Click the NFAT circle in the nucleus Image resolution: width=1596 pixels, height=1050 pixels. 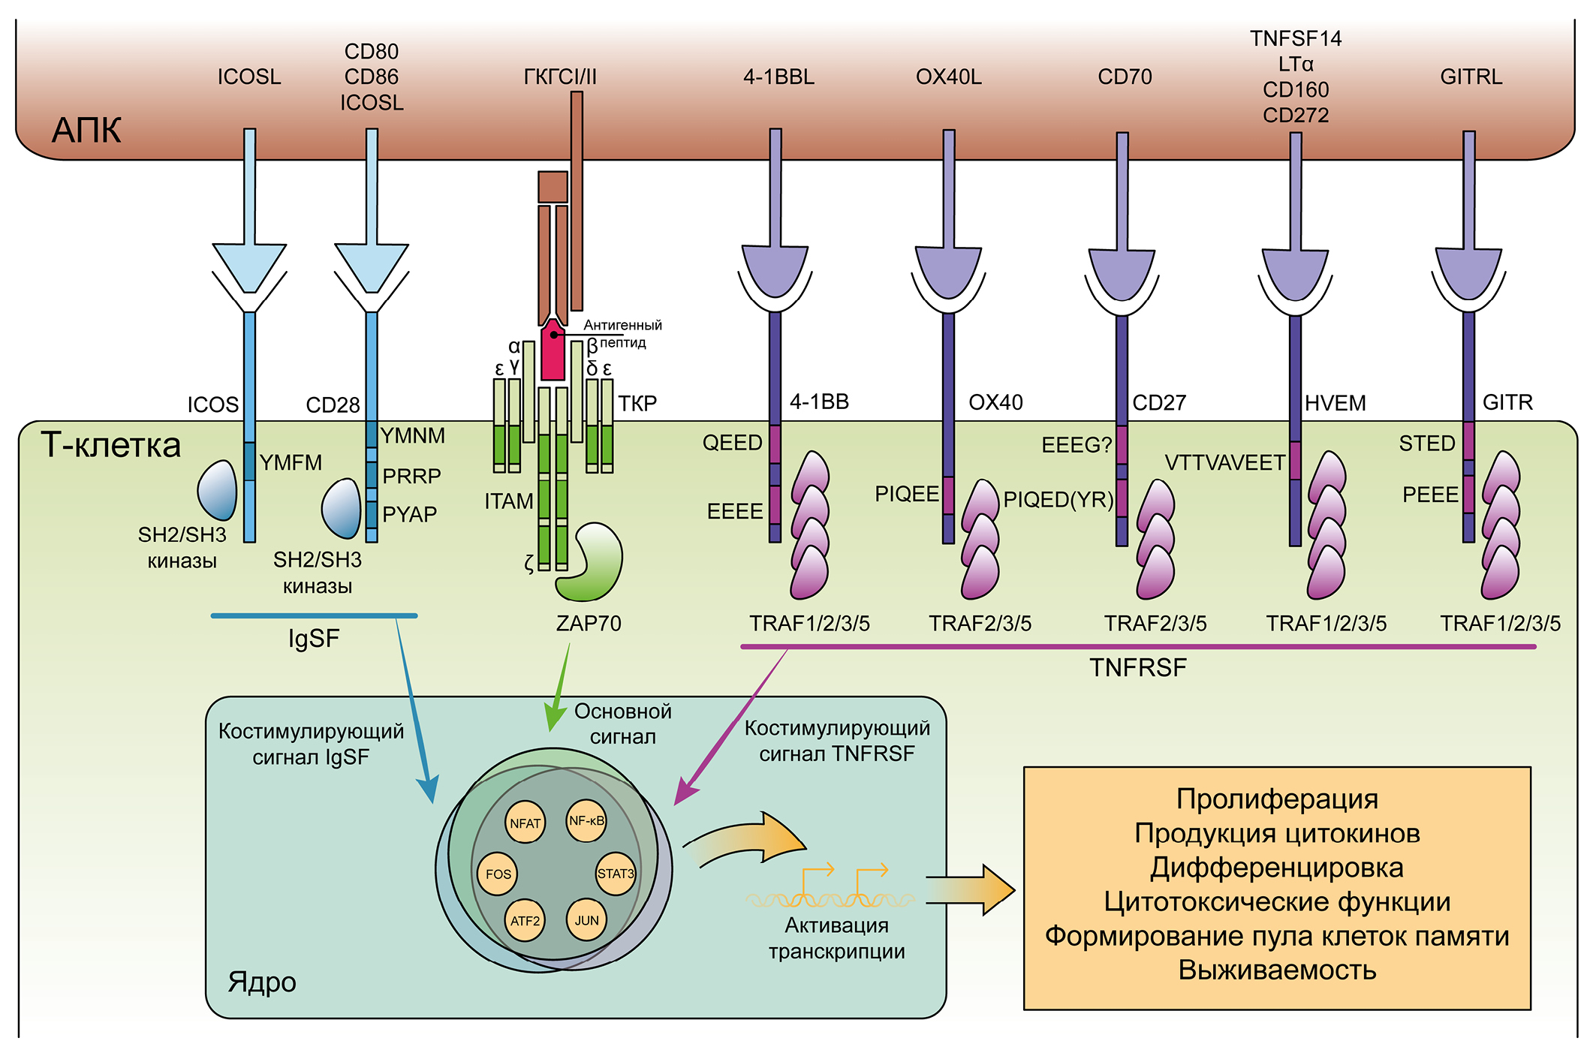pyautogui.click(x=525, y=823)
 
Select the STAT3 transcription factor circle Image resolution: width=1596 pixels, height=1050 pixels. pyautogui.click(x=616, y=874)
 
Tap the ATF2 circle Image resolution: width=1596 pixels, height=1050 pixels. pyautogui.click(x=525, y=921)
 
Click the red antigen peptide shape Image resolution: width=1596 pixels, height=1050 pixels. pyautogui.click(x=553, y=351)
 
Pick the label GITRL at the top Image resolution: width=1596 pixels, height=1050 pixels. pyautogui.click(x=1471, y=77)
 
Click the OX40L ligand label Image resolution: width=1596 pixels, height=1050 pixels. pyautogui.click(x=948, y=77)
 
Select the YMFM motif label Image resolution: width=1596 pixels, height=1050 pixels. pyautogui.click(x=291, y=463)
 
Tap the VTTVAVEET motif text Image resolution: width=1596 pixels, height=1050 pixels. pyautogui.click(x=1224, y=463)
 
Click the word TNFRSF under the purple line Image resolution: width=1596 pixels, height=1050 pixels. pyautogui.click(x=1138, y=668)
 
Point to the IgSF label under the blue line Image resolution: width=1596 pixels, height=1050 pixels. pyautogui.click(x=314, y=639)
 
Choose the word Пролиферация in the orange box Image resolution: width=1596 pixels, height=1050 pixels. pyautogui.click(x=1277, y=799)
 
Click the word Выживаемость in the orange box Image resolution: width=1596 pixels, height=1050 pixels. pyautogui.click(x=1277, y=970)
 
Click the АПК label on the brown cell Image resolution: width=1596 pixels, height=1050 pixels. pyautogui.click(x=86, y=131)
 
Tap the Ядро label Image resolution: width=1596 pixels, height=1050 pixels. pyautogui.click(x=262, y=982)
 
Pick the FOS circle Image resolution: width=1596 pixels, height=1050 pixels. pyautogui.click(x=498, y=874)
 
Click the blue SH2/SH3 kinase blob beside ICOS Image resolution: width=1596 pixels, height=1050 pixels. pyautogui.click(x=217, y=490)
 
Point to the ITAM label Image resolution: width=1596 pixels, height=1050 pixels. pyautogui.click(x=508, y=501)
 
